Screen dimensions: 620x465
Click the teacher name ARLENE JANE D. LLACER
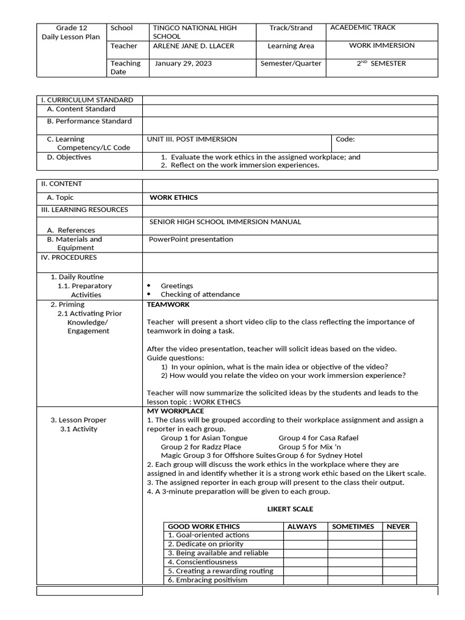point(193,46)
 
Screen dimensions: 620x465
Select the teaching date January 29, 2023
point(183,64)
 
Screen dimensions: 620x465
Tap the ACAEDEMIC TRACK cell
point(363,28)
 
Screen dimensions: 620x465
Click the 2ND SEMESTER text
point(381,64)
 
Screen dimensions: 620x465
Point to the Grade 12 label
point(71,28)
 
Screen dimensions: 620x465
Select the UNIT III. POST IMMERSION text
point(192,139)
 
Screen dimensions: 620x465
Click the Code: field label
point(345,139)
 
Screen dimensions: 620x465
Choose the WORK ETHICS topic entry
point(174,197)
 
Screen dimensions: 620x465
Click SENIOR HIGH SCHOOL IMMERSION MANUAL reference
point(225,222)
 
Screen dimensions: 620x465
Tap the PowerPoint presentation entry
point(191,239)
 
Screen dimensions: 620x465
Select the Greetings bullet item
point(177,286)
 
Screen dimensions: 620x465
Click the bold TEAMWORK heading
point(168,305)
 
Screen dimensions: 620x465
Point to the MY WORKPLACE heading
point(176,411)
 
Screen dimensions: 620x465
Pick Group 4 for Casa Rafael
point(318,438)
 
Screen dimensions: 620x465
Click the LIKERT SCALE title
point(290,509)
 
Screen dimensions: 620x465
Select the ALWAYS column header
point(302,527)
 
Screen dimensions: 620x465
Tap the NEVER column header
point(398,527)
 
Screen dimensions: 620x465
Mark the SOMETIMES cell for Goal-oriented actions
point(353,535)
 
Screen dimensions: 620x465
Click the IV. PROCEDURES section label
point(68,257)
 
